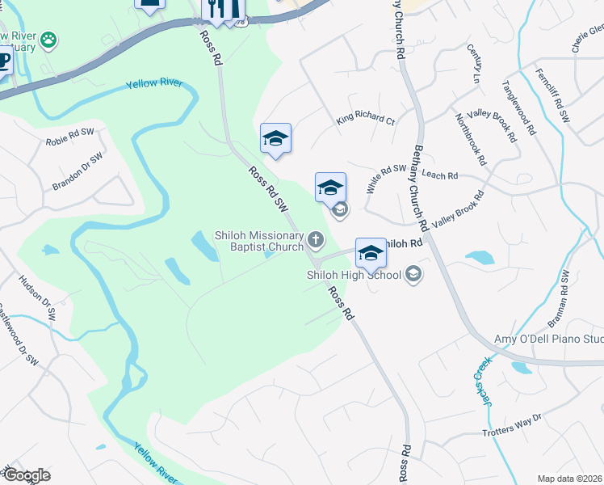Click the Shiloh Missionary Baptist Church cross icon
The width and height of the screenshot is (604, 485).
pyautogui.click(x=315, y=239)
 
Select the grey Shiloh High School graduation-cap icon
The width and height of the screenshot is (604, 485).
pyautogui.click(x=414, y=275)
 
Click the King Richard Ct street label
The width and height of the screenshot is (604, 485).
pyautogui.click(x=366, y=120)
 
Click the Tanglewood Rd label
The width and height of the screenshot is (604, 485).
pyautogui.click(x=518, y=107)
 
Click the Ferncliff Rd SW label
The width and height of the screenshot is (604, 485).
pyautogui.click(x=552, y=95)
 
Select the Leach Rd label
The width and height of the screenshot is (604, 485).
pyautogui.click(x=440, y=175)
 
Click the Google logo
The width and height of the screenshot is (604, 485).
pyautogui.click(x=26, y=475)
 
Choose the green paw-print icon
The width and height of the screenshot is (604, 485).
pyautogui.click(x=49, y=38)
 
